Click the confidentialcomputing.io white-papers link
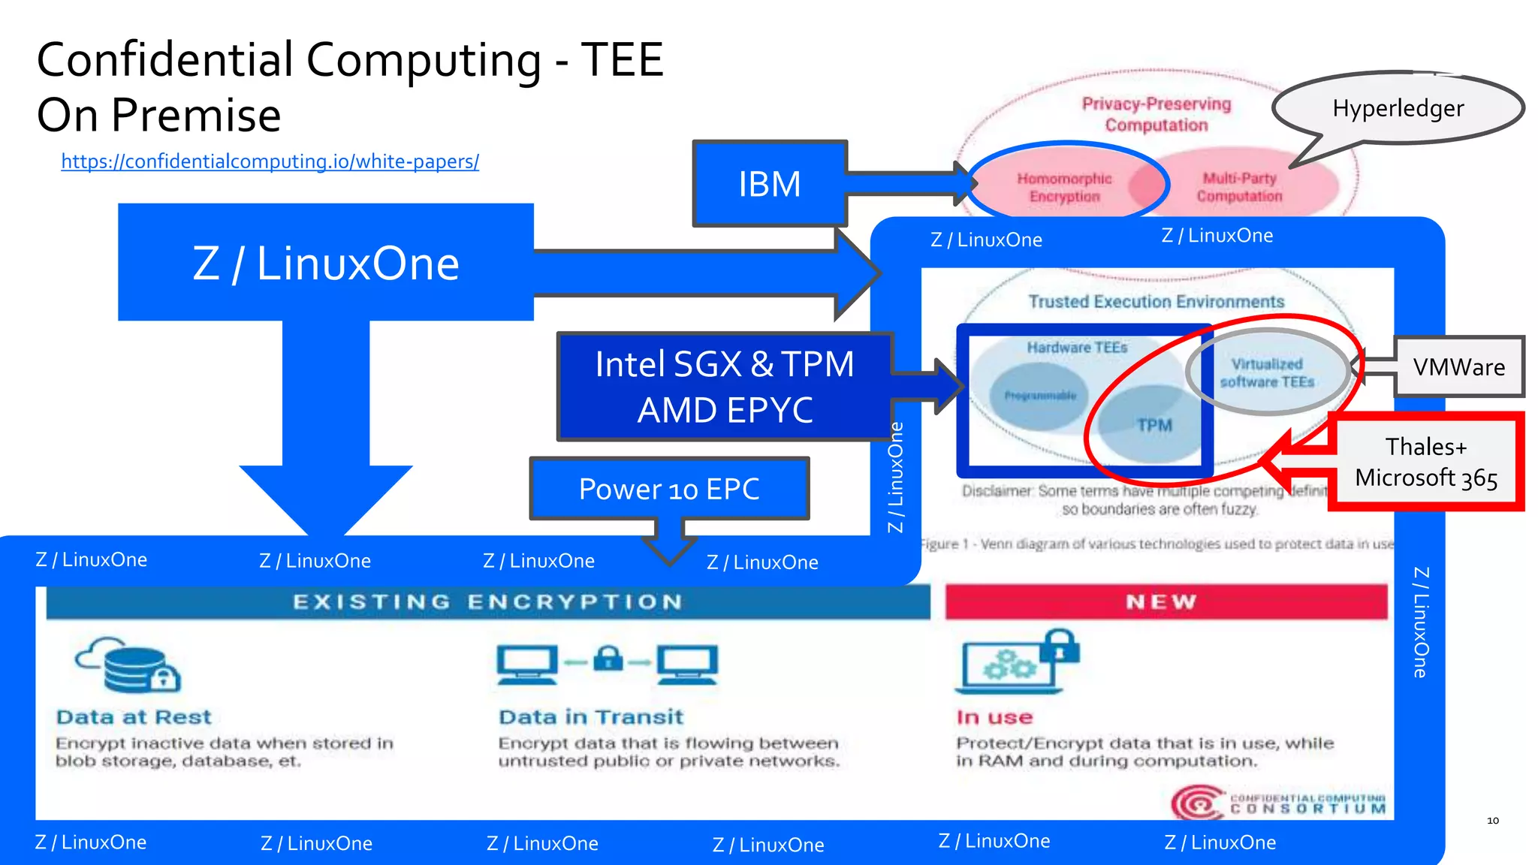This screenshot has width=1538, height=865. pos(270,161)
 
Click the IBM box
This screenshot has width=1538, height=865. pos(769,184)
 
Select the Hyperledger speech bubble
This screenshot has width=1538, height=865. pos(1398,109)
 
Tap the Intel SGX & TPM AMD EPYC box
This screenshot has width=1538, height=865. pos(725,387)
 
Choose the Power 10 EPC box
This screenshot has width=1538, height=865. pos(669,489)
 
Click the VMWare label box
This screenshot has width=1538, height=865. pos(1458,367)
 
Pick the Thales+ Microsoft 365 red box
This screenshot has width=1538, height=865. pos(1425,463)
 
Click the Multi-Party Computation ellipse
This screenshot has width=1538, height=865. pos(1240,187)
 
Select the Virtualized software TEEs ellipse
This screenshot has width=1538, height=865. pos(1267,372)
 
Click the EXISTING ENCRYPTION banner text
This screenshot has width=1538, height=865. pos(487,602)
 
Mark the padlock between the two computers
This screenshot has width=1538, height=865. pos(608,659)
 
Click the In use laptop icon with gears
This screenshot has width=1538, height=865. pos(1014,662)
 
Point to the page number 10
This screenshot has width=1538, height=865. pos(1493,821)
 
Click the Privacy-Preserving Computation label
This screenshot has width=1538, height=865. pos(1157,114)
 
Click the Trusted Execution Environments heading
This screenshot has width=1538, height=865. pos(1156,302)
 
